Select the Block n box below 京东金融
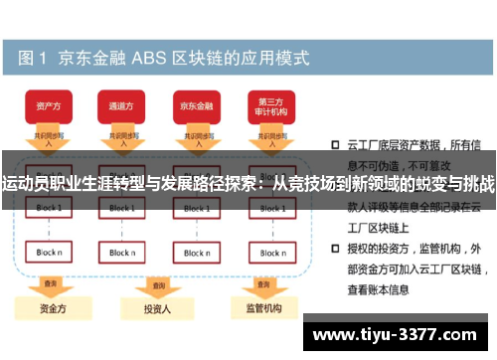point(196,253)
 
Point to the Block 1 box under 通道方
point(121,208)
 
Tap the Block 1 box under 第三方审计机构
point(270,208)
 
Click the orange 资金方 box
point(50,308)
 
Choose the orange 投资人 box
point(156,309)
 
